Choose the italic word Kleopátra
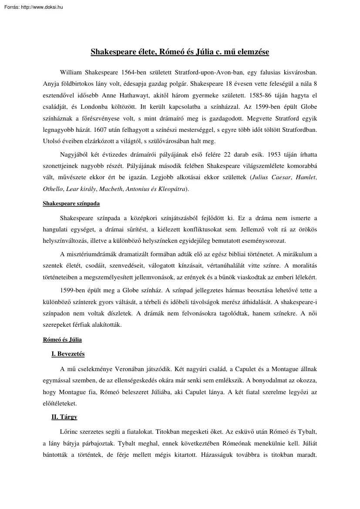pyautogui.click(x=171, y=189)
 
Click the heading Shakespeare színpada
pyautogui.click(x=71, y=203)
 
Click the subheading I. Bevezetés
pyautogui.click(x=68, y=354)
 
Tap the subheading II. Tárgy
pyautogui.click(x=64, y=417)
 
